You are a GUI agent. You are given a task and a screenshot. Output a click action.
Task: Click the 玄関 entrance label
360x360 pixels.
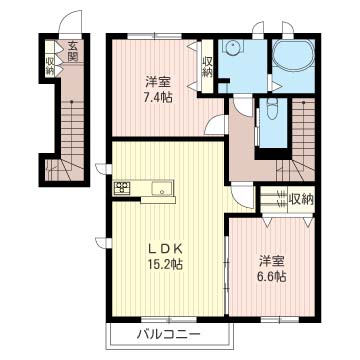tap(73, 50)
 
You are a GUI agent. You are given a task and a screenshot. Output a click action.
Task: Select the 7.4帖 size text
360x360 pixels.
tap(156, 98)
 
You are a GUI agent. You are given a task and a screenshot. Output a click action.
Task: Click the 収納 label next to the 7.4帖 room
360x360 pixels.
tap(207, 67)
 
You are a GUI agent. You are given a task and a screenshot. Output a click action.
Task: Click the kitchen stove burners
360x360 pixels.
tap(122, 186)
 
